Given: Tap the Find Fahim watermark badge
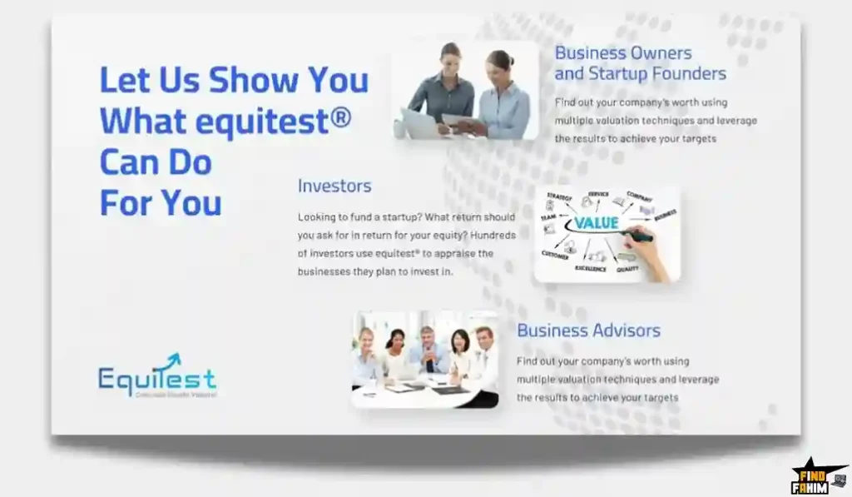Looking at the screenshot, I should pyautogui.click(x=817, y=476).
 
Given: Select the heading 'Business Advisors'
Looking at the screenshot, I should pyautogui.click(x=588, y=331).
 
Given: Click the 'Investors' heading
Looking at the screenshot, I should pyautogui.click(x=334, y=186).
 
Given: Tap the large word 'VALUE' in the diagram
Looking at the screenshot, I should pyautogui.click(x=596, y=223).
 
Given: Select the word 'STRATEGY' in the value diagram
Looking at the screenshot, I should pyautogui.click(x=559, y=196).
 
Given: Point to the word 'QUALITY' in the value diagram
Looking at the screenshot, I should pyautogui.click(x=628, y=269).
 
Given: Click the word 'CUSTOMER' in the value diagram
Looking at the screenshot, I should pyautogui.click(x=556, y=255).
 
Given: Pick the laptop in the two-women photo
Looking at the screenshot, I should pyautogui.click(x=419, y=123).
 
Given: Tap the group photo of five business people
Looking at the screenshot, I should pyautogui.click(x=424, y=359).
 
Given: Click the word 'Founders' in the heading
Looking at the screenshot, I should pyautogui.click(x=688, y=74).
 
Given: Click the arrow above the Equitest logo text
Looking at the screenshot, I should pyautogui.click(x=172, y=360).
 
